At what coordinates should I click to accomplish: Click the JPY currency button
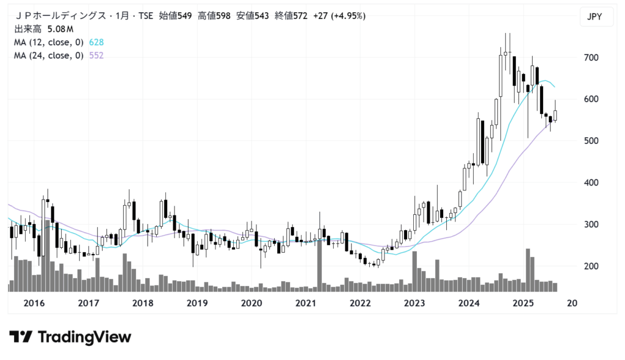pos(594,17)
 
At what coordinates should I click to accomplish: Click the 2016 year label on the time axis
pos(35,303)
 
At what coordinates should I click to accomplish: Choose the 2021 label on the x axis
pos(305,303)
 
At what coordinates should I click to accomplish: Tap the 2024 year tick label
pos(469,303)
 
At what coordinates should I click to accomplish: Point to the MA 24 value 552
pos(96,56)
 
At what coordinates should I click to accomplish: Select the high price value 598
pos(222,16)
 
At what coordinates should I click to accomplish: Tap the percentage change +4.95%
pos(349,16)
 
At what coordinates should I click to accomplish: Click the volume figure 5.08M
pos(60,29)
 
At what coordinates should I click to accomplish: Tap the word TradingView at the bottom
pos(84,337)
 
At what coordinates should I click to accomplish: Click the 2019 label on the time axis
pos(197,303)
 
